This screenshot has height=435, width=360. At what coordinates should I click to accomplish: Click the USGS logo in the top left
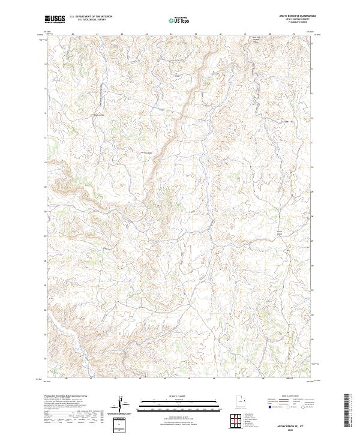click(55, 20)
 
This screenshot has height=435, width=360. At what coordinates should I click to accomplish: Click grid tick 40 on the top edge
click(73, 34)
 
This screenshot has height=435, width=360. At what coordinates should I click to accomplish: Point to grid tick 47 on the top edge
click(245, 34)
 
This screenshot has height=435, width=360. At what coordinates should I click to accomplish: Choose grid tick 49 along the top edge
click(294, 34)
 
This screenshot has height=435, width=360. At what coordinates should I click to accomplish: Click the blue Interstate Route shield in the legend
click(266, 406)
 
